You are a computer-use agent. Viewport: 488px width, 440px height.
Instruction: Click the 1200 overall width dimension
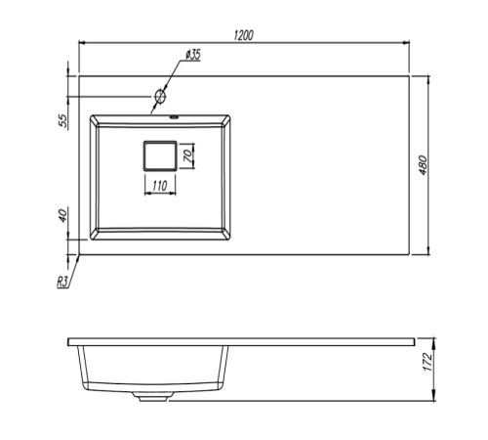243,35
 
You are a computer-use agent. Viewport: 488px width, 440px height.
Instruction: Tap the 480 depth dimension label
423,165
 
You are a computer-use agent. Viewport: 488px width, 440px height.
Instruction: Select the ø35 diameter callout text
193,55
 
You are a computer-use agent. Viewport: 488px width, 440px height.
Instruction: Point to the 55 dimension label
63,120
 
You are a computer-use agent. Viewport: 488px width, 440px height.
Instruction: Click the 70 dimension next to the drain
188,156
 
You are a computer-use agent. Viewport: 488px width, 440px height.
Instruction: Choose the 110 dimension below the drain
160,186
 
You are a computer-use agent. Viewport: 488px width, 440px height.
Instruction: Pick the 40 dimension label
63,216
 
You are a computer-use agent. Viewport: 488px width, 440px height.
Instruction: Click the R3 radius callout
62,282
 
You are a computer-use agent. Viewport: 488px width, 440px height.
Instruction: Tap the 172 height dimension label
427,362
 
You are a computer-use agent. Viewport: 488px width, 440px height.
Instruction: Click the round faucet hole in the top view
160,96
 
